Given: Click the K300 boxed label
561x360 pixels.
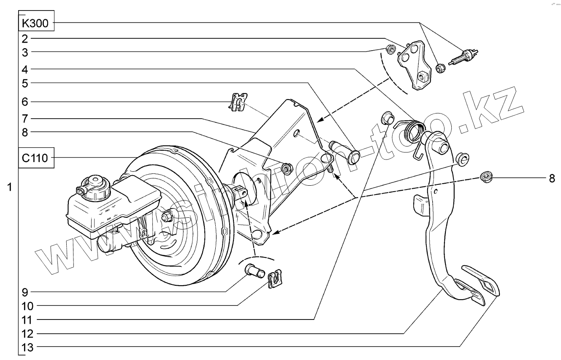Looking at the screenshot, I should [x=37, y=23].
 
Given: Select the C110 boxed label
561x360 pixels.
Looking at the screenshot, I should [x=37, y=158].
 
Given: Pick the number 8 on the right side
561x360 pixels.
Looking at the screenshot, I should [x=552, y=179].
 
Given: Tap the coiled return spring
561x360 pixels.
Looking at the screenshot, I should [x=413, y=130].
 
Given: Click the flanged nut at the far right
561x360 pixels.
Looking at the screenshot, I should [x=486, y=176].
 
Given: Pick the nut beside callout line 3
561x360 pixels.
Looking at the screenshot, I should [x=391, y=50].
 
